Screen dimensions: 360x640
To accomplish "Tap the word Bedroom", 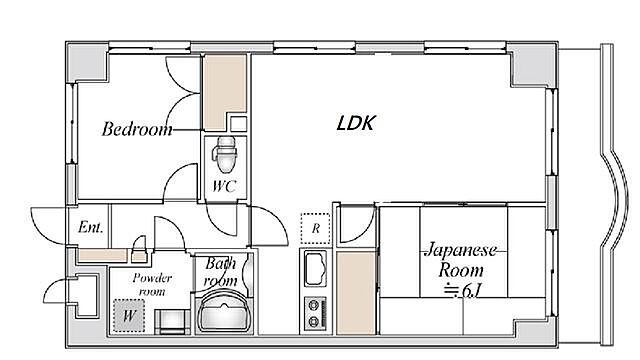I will [137, 129].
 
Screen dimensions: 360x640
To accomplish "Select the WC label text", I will [223, 186].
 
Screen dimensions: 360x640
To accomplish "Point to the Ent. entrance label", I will [90, 227].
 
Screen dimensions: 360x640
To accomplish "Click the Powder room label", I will [153, 284].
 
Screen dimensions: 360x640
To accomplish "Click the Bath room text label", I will [221, 272].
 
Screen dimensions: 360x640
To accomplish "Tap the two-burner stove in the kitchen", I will [317, 311].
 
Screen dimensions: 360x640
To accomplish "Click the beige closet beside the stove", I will [354, 291].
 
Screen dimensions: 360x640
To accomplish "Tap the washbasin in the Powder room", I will [171, 321].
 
